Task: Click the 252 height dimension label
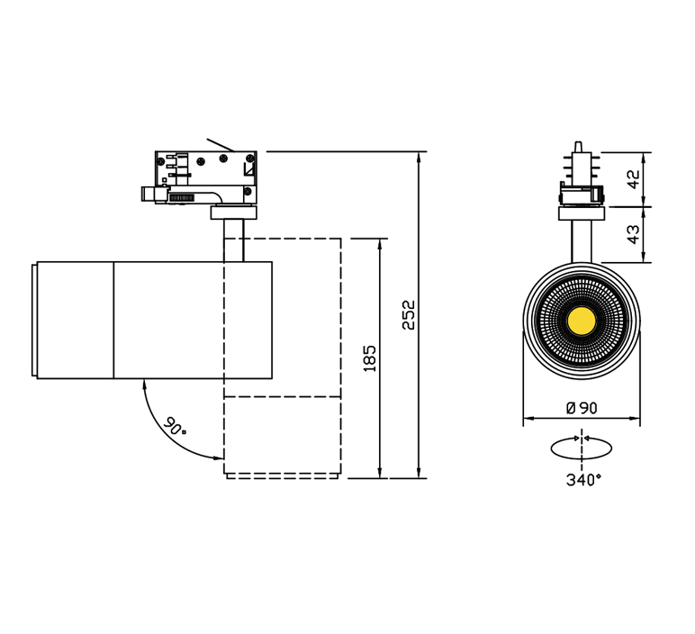coord(409,315)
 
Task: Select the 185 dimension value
coord(369,358)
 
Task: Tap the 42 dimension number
coord(634,178)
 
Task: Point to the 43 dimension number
coord(634,234)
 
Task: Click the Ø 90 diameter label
coord(582,408)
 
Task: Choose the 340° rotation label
coord(583,479)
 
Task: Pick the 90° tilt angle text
coord(174,426)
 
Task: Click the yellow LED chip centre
coord(581,319)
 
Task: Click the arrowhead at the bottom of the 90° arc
coord(219,457)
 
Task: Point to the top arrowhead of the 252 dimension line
coord(419,157)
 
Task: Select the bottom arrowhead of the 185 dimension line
coord(380,473)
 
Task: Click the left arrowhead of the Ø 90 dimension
coord(528,418)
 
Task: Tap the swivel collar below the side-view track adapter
coord(233,213)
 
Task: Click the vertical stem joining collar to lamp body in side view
coord(233,240)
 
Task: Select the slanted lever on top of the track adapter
coord(220,144)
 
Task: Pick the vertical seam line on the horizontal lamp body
coord(114,320)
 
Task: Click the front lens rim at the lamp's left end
coord(34,320)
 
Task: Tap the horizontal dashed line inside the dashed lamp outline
coord(283,397)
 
